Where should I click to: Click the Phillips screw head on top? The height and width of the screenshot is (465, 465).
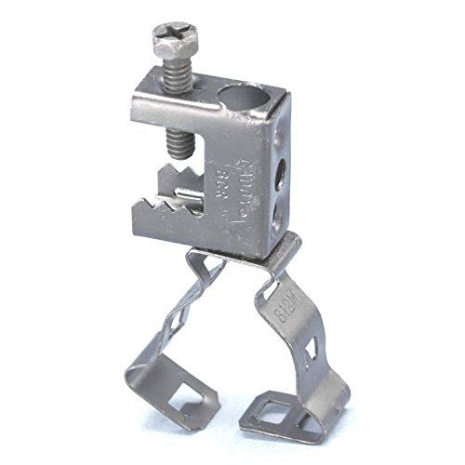pyautogui.click(x=166, y=43)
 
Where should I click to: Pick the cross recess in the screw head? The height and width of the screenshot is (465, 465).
pyautogui.click(x=166, y=41)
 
